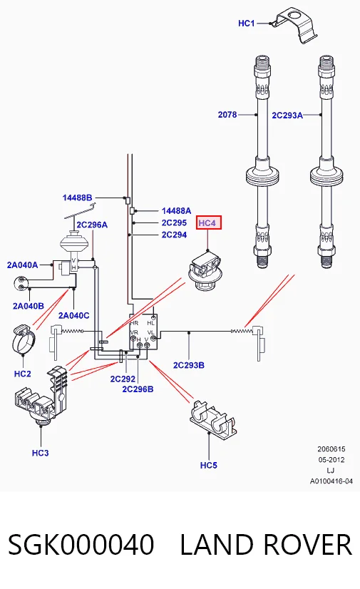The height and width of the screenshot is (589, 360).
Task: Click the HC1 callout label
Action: point(246,24)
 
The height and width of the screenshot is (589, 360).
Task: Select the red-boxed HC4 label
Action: point(207,222)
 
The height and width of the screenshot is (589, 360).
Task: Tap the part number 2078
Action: point(227,115)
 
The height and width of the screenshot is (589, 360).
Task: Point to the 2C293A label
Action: point(287,116)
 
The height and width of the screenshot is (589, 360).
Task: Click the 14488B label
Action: point(77,198)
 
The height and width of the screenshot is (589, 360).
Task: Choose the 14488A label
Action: point(176,211)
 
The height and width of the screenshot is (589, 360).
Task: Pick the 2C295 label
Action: point(174,222)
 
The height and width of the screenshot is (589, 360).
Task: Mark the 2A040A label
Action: point(23,265)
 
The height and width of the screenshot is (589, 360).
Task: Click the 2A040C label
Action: point(74,315)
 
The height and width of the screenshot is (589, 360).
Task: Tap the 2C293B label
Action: point(189,365)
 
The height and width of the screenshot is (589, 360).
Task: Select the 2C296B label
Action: point(138,389)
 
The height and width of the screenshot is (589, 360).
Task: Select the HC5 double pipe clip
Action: point(213,419)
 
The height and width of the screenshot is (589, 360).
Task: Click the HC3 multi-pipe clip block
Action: point(41,397)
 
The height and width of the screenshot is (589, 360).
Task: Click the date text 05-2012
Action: point(331,460)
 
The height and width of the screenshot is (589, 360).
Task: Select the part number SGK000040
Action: point(81,545)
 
